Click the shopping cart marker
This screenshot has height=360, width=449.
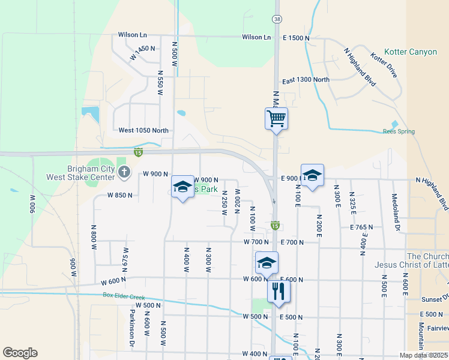[276, 118]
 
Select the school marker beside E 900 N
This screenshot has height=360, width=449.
[312, 175]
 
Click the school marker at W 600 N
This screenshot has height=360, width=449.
[267, 263]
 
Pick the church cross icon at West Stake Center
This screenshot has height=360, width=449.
[124, 173]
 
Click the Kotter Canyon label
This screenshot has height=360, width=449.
[411, 52]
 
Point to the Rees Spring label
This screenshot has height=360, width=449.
[399, 131]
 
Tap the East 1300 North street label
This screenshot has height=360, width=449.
[306, 80]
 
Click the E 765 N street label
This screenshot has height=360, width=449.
[361, 227]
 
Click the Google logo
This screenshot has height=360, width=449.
[20, 353]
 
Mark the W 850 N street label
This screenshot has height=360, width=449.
[119, 195]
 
